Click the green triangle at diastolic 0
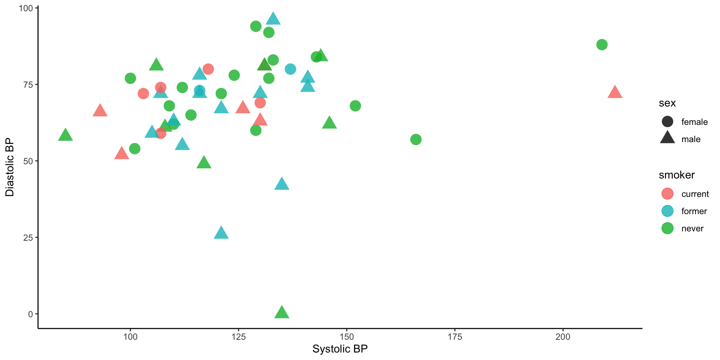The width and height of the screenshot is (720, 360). tap(282, 312)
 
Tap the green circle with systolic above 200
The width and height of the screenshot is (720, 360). tap(602, 45)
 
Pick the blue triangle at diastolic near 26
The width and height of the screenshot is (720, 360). tap(221, 233)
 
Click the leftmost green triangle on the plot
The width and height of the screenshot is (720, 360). tap(65, 135)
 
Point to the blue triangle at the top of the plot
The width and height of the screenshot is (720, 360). tap(273, 18)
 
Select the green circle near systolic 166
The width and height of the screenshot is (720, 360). tap(416, 139)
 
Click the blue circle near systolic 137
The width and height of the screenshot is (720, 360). tap(290, 69)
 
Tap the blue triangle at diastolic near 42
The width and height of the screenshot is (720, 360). tap(282, 184)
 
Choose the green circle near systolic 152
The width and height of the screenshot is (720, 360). tap(355, 106)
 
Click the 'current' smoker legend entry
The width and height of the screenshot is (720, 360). tap(695, 194)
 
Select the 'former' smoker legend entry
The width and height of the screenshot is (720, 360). tap(694, 211)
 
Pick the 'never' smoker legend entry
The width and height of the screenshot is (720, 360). tap(692, 228)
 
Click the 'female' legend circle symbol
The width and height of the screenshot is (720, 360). tap(667, 122)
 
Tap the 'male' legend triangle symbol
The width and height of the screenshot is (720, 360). tap(667, 138)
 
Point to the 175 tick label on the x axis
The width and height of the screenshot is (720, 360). tap(455, 337)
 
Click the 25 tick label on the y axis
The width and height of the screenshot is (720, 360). tap(28, 237)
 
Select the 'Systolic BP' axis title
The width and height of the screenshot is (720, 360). tap(340, 349)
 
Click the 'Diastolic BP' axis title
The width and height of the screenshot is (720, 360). tap(10, 167)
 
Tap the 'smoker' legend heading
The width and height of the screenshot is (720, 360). tap(676, 175)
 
